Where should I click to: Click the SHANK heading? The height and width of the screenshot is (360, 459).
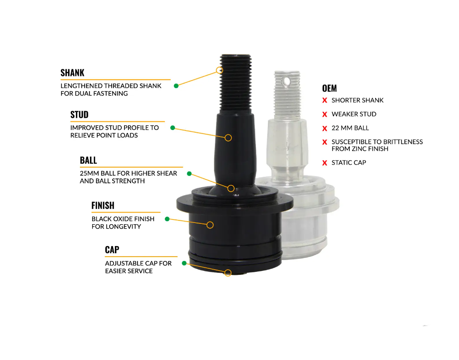[x=72, y=72]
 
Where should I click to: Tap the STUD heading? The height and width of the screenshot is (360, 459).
[x=79, y=115]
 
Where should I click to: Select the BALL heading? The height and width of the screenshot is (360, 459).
[x=88, y=160]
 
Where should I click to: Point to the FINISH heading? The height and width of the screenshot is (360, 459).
[x=103, y=206]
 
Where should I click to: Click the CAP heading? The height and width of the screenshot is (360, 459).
[x=112, y=250]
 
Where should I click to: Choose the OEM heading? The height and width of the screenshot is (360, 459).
[x=329, y=88]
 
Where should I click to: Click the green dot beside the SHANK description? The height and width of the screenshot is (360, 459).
[x=176, y=86]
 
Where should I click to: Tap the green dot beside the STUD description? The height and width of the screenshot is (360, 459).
[x=173, y=128]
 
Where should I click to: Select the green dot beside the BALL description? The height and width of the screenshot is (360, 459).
[x=190, y=174]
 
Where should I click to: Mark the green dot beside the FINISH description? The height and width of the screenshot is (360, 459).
[x=167, y=219]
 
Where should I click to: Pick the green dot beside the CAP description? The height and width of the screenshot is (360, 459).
[x=184, y=263]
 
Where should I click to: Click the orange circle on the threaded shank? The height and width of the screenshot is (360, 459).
[x=220, y=70]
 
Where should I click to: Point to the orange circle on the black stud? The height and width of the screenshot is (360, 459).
[x=228, y=138]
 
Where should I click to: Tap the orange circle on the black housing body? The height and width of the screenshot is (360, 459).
[x=210, y=225]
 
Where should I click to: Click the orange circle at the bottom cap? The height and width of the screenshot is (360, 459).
[x=228, y=273]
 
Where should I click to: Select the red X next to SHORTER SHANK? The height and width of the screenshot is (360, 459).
[x=324, y=100]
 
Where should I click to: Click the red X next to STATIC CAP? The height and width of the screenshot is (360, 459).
[x=324, y=163]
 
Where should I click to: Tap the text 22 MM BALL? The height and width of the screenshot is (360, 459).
[x=350, y=128]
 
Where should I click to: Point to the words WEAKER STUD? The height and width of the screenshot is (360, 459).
[x=354, y=114]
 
